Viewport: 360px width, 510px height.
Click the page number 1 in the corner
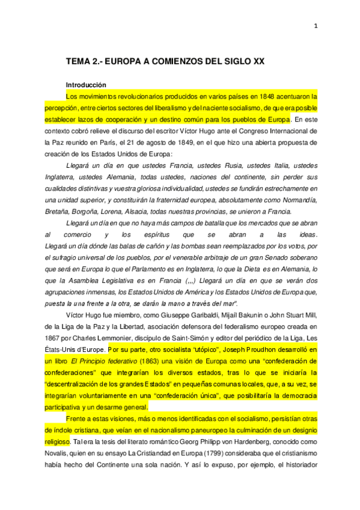[316, 25]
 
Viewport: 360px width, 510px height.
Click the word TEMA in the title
[78, 62]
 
